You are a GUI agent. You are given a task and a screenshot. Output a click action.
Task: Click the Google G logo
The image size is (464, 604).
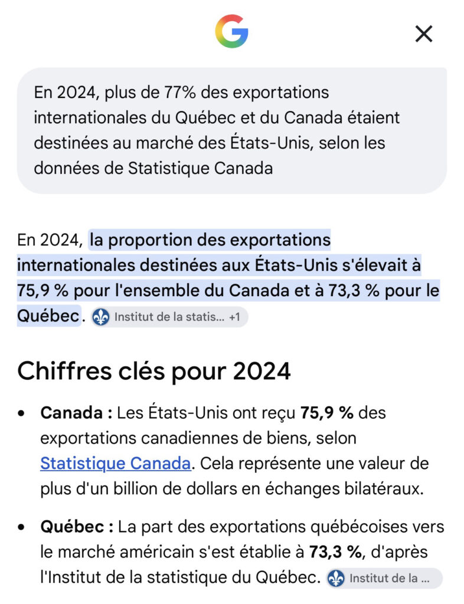coord(231,31)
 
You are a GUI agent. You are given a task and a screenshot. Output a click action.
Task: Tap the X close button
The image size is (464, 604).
coord(424,34)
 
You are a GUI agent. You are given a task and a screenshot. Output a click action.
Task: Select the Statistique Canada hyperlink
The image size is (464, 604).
coord(116,464)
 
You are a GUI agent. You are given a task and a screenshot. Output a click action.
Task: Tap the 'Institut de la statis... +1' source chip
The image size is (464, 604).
coord(169,317)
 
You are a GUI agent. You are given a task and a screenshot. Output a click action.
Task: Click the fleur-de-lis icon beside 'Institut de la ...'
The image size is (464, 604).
coord(336,578)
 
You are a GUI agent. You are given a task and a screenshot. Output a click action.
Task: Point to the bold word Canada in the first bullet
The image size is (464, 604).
coord(71,413)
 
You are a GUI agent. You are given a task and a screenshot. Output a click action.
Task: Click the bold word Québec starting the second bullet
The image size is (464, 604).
coord(72,527)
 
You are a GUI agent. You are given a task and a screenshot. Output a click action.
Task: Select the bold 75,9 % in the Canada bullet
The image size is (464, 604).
coord(327,413)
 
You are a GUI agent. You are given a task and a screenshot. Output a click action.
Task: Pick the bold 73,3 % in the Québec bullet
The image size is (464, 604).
coord(335,552)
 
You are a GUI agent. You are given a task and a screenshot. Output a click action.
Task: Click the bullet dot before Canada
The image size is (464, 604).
coord(21,413)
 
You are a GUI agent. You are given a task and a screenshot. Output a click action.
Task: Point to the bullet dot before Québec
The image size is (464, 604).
coord(21,527)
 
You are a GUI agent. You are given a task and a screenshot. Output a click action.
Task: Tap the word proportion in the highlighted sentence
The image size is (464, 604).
coord(150,241)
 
